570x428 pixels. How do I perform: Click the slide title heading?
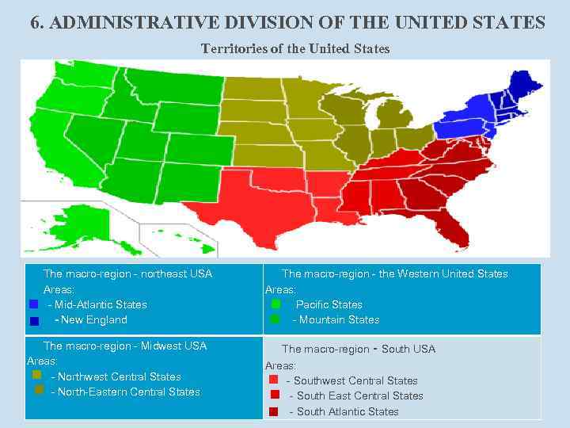(287, 22)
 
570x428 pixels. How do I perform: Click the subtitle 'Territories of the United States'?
(295, 49)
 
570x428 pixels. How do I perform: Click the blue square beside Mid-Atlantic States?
(33, 304)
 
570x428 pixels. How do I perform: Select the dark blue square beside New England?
(34, 321)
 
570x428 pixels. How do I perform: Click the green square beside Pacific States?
(275, 304)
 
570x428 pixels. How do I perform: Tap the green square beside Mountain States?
(275, 319)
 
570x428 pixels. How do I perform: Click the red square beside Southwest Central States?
(274, 380)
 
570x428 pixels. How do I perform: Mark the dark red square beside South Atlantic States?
(274, 411)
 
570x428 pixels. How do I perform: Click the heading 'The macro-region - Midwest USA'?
(124, 346)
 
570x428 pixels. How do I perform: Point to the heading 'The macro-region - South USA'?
(358, 349)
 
